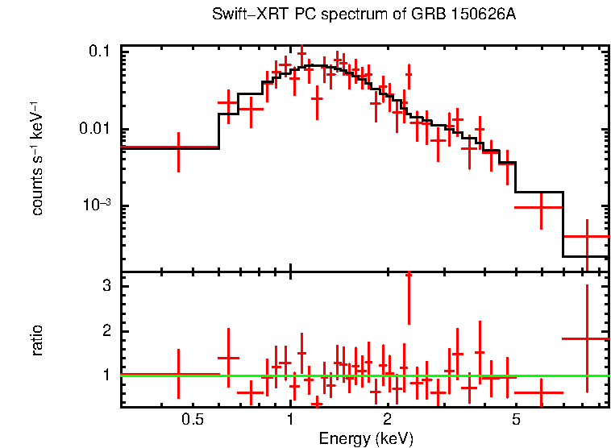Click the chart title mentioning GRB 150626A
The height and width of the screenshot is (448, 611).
coord(364,15)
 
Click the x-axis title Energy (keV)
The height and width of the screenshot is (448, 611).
coord(366,438)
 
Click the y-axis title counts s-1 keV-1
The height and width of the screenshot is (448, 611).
coord(37,158)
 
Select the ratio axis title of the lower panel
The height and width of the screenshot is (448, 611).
coord(37,340)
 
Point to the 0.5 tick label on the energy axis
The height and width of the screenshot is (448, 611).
coord(192,419)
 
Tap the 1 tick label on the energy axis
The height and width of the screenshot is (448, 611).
coord(290,419)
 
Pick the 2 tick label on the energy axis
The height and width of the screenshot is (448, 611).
coord(388,419)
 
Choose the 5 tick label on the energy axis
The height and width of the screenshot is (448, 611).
coord(516,419)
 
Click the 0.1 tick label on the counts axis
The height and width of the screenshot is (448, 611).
coord(98,52)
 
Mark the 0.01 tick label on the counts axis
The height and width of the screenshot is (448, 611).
coord(94,129)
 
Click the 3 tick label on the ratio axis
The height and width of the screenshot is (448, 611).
coord(106,287)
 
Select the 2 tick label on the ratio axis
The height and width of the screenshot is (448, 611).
coord(106,331)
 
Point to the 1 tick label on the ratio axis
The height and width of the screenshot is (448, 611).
coord(106,375)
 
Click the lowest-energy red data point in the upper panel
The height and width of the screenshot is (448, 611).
coord(178,147)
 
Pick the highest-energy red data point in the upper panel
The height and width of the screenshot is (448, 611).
coord(587,237)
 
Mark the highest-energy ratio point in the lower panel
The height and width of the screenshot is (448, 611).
coord(587,338)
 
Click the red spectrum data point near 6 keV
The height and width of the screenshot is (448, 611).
coord(539,207)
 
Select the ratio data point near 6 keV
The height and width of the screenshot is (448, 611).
coord(539,393)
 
